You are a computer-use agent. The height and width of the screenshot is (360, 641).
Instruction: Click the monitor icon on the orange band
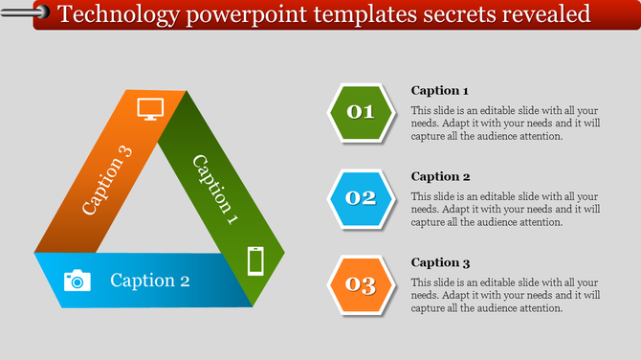click(151, 108)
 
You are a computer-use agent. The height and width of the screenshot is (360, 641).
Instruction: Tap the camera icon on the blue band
click(77, 280)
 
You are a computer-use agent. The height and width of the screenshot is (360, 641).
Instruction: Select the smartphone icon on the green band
click(255, 260)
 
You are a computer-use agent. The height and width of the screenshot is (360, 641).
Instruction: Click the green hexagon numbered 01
click(361, 112)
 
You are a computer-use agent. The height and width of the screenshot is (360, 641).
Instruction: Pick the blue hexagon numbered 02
click(361, 198)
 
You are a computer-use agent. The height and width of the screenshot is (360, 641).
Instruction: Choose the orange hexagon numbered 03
click(361, 284)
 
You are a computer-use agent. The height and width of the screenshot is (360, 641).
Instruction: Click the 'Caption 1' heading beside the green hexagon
click(439, 91)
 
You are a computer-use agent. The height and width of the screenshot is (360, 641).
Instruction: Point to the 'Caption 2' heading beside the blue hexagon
click(439, 176)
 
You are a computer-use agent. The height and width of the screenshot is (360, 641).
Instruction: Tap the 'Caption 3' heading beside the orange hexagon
click(439, 262)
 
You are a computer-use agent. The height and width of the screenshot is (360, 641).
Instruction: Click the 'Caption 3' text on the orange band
click(107, 179)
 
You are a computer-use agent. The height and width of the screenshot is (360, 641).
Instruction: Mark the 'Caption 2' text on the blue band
click(150, 281)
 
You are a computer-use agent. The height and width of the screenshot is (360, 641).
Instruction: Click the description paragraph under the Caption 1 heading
click(505, 123)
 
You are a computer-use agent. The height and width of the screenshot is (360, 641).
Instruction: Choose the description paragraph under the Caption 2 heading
click(505, 209)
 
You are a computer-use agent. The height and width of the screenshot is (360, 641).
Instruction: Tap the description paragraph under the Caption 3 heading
click(505, 295)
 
